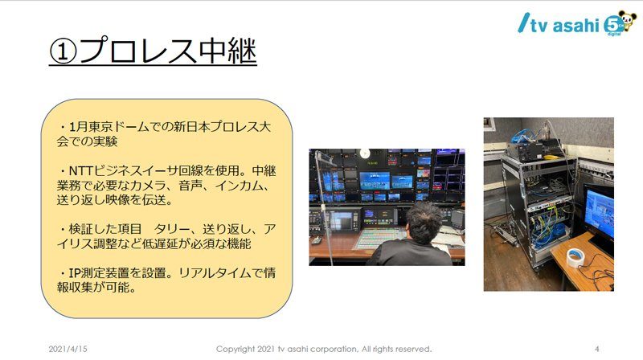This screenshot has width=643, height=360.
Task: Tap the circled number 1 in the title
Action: pyautogui.click(x=63, y=52)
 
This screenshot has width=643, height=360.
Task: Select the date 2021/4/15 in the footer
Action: pyautogui.click(x=68, y=349)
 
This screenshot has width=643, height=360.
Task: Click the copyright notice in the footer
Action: pyautogui.click(x=324, y=349)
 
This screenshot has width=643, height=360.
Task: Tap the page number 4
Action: pyautogui.click(x=596, y=349)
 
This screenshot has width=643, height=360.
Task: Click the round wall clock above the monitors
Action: pyautogui.click(x=364, y=153)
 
